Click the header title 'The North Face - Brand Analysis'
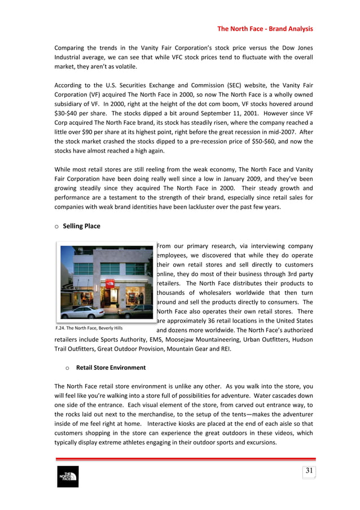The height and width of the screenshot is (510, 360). (265, 29)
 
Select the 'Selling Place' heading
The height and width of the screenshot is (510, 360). (81, 226)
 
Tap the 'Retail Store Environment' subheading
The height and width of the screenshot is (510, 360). (111, 368)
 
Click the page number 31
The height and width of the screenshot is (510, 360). (309, 471)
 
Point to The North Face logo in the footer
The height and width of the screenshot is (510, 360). (68, 477)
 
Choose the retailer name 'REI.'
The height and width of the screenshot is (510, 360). (249, 349)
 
